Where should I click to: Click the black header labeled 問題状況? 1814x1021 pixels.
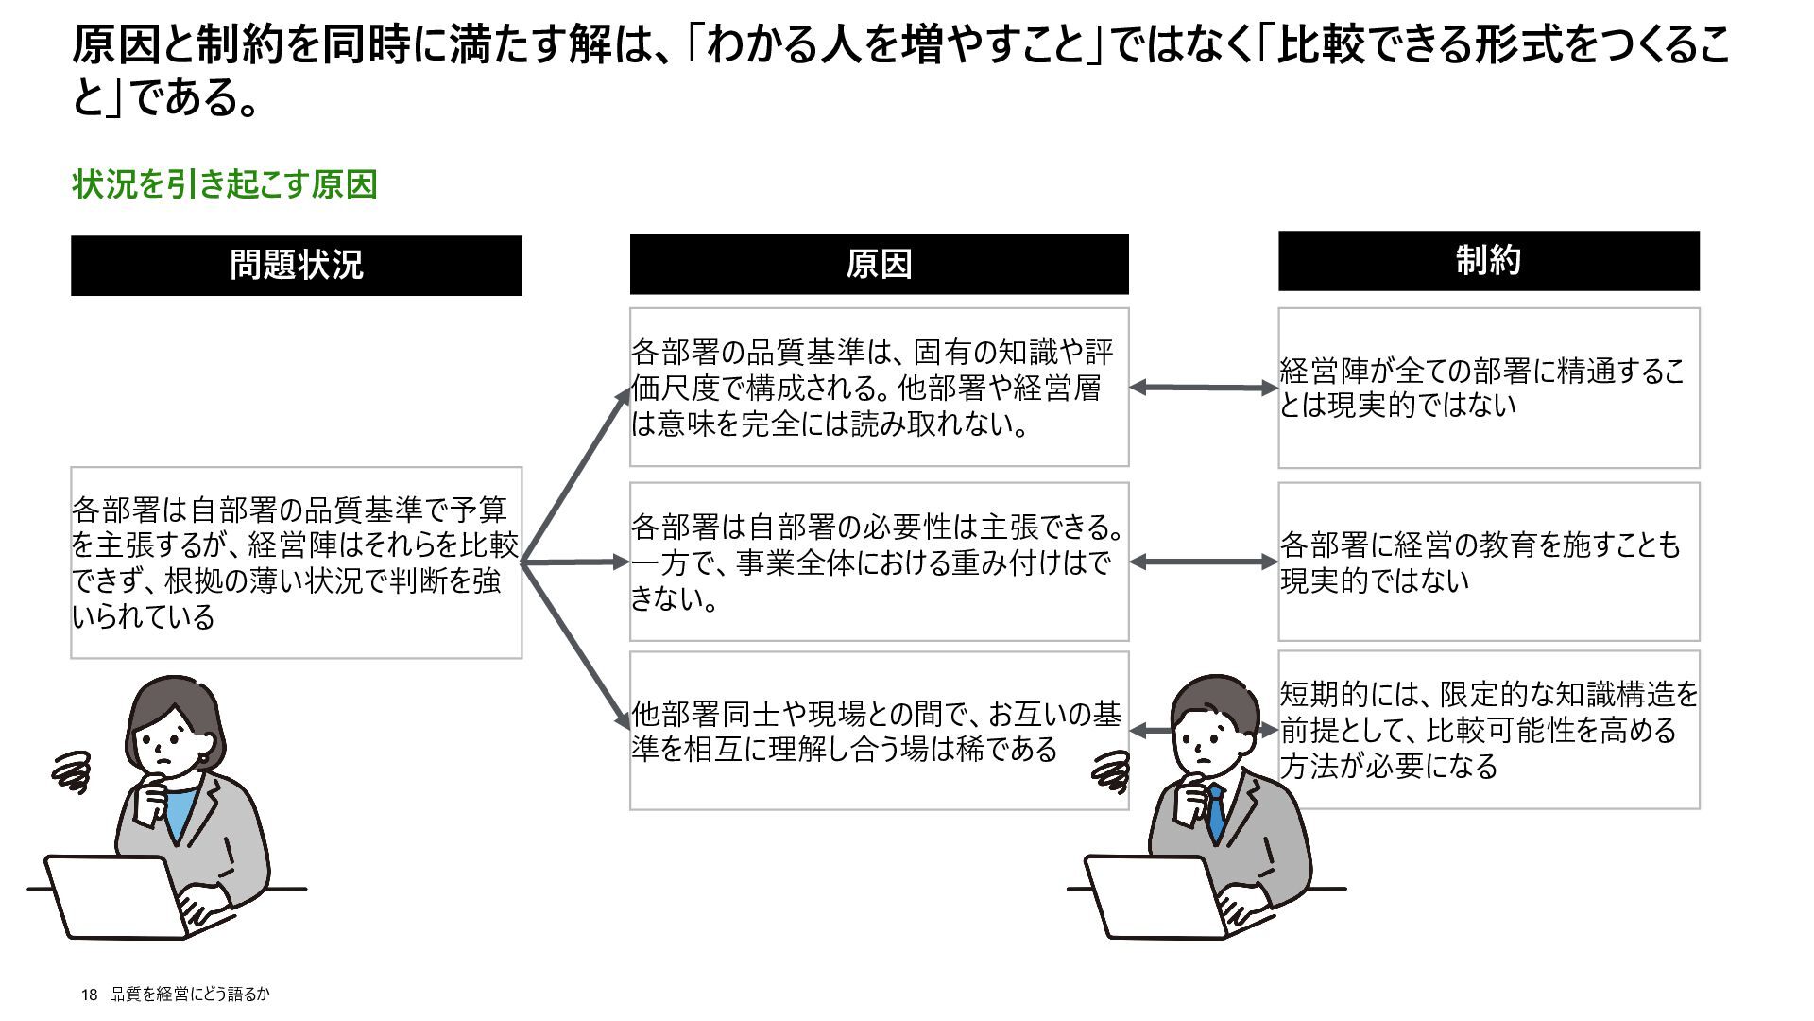(x=296, y=266)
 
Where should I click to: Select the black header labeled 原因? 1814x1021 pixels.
(x=879, y=265)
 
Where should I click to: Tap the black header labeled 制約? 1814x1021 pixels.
(x=1488, y=261)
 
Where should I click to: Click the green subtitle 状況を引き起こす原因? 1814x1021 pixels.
(x=225, y=184)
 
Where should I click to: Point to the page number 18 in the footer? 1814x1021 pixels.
(x=89, y=995)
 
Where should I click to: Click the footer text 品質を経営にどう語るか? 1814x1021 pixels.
(x=190, y=995)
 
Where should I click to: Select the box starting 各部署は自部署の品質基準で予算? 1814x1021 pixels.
(x=296, y=562)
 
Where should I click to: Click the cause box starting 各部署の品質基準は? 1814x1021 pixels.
(x=879, y=388)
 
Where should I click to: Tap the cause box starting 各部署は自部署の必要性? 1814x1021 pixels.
(x=879, y=562)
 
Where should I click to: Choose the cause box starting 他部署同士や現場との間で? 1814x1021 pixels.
(x=879, y=731)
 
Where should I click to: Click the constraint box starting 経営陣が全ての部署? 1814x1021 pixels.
(x=1488, y=388)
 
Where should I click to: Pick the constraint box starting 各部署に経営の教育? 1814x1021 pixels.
(x=1488, y=562)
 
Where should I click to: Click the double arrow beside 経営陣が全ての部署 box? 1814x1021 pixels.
(x=1204, y=388)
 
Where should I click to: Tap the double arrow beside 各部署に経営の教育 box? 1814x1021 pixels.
(x=1204, y=562)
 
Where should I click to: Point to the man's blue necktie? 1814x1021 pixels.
(x=1217, y=813)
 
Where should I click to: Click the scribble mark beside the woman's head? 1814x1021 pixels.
(x=73, y=771)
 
